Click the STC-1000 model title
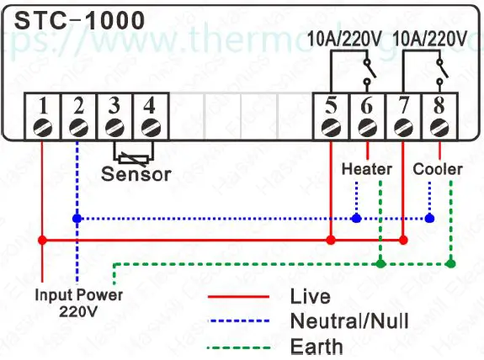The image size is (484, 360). coord(73,19)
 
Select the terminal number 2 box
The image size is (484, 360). coord(78,107)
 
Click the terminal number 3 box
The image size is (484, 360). coord(114,107)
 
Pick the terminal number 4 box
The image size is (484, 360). coord(150,107)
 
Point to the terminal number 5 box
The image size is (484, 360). coord(331,107)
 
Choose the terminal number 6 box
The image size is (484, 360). coord(367,107)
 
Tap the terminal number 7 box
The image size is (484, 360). coord(402,107)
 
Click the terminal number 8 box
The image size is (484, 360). coord(439,107)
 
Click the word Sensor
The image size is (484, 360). coord(136,175)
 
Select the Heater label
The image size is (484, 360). coord(366,169)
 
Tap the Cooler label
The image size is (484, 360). coord(438,169)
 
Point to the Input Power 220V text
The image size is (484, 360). coord(78,303)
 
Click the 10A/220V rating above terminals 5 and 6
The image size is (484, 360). coord(345,38)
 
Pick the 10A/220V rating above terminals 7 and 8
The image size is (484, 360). coord(430,38)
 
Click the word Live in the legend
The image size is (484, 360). coord(310,296)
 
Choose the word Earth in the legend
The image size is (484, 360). coord(316,346)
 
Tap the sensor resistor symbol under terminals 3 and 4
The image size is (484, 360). coord(132,156)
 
